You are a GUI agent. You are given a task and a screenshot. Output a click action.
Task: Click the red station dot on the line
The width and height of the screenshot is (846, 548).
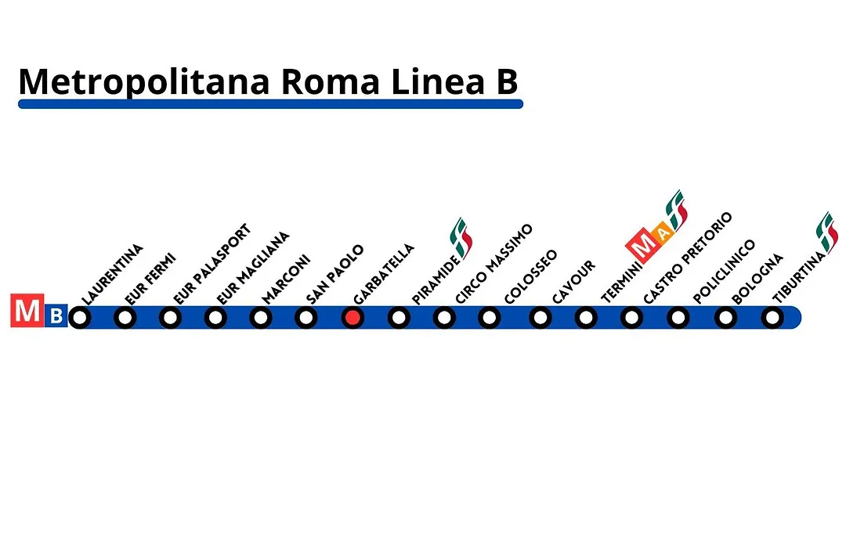pyautogui.click(x=352, y=318)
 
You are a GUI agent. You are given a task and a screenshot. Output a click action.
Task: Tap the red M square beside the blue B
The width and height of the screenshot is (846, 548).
pyautogui.click(x=27, y=310)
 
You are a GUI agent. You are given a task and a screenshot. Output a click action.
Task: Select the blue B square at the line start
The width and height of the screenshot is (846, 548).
pyautogui.click(x=56, y=315)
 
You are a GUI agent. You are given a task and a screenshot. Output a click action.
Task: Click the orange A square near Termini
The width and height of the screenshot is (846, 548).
pyautogui.click(x=663, y=233)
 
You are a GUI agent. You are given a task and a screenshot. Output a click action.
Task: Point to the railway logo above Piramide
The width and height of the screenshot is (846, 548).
pyautogui.click(x=461, y=238)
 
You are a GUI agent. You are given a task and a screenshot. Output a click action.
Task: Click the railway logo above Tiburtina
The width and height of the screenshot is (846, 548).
pyautogui.click(x=826, y=233)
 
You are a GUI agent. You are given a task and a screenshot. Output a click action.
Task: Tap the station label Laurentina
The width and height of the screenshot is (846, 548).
pyautogui.click(x=112, y=275)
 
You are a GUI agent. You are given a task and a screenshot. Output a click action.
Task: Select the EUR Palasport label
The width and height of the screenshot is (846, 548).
pyautogui.click(x=212, y=264)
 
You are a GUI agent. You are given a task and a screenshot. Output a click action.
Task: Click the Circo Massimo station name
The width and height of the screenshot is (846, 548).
pyautogui.click(x=493, y=264)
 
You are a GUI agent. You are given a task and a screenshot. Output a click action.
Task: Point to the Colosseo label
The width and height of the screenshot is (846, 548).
pyautogui.click(x=530, y=276)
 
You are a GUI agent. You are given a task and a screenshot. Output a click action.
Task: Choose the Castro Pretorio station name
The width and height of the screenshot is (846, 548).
pyautogui.click(x=688, y=258)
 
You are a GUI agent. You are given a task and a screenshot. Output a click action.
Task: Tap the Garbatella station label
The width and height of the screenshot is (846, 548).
pyautogui.click(x=384, y=274)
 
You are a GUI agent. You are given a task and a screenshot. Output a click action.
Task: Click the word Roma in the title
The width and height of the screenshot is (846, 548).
pyautogui.click(x=331, y=82)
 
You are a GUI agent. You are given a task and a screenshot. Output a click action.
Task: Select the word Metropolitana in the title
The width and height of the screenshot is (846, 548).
pyautogui.click(x=144, y=82)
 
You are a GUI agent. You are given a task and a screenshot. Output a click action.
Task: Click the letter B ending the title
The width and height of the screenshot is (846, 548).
pyautogui.click(x=507, y=82)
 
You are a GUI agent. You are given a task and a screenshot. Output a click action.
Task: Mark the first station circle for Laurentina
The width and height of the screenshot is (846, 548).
pyautogui.click(x=80, y=318)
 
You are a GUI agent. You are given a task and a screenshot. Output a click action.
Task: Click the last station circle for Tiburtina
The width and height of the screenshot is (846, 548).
pyautogui.click(x=772, y=318)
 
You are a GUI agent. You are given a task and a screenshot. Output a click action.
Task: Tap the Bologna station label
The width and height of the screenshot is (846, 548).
pyautogui.click(x=757, y=279)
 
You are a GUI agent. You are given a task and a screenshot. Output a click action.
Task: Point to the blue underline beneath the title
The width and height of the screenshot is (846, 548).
pyautogui.click(x=270, y=104)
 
